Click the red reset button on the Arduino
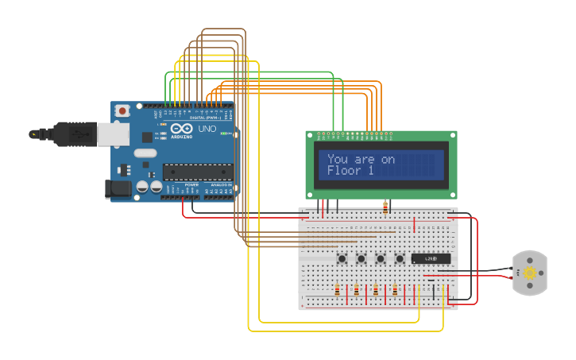122,111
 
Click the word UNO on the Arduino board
207,129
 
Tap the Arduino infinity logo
180,129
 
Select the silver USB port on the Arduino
113,134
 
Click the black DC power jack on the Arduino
118,189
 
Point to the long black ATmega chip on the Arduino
197,172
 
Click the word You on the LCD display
338,159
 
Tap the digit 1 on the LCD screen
369,171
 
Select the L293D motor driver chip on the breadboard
431,259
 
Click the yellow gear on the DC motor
529,273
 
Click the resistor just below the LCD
385,208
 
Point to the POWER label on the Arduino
191,184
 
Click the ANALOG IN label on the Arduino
222,184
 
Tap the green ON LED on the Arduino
226,133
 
